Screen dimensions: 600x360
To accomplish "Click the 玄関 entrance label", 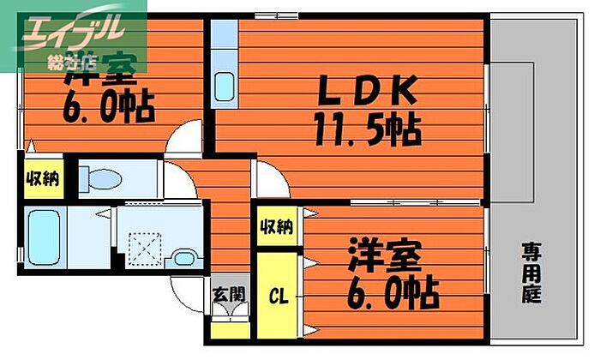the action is (229, 296).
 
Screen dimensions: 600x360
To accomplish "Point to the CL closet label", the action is (279, 297).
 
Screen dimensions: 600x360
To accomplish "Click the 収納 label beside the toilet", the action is (42, 179).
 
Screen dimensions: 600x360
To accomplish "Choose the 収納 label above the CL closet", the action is (277, 227).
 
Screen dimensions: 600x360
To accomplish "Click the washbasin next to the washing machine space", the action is (182, 257).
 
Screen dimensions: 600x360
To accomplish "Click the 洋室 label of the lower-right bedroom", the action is (383, 257).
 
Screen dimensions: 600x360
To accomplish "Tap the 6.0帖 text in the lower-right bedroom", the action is (393, 292).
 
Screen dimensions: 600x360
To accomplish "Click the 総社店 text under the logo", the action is (72, 62).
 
